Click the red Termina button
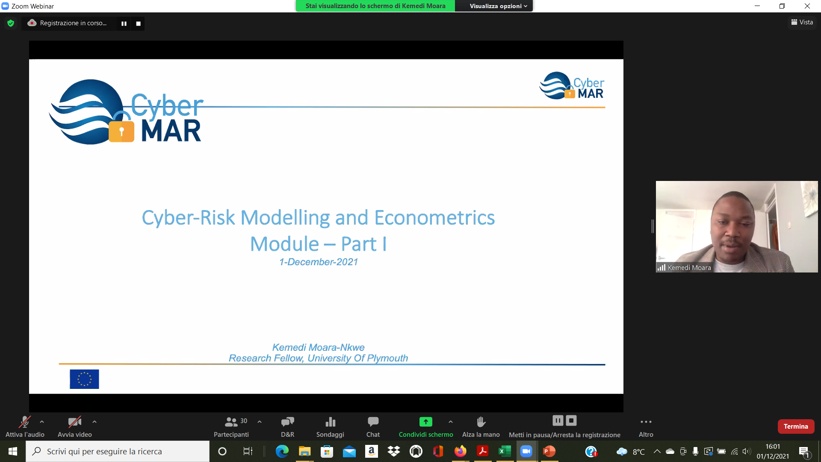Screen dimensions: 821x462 click(796, 426)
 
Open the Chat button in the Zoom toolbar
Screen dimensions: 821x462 click(373, 422)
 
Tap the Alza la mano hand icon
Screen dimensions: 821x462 click(481, 422)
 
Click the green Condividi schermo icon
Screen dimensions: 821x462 click(425, 422)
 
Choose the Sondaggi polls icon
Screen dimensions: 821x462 click(330, 422)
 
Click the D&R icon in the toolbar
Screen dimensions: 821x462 click(288, 422)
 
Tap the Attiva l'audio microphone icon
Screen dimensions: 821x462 click(25, 422)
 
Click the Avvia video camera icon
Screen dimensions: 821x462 click(75, 422)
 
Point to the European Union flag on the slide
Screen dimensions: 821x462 click(84, 379)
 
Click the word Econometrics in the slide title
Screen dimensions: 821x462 click(434, 217)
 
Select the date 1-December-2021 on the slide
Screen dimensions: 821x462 click(319, 262)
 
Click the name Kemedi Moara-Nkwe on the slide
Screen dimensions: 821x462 click(319, 347)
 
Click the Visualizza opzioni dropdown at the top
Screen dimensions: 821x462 click(498, 6)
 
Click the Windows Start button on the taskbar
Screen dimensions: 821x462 click(13, 451)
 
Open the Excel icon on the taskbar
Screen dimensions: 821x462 click(505, 451)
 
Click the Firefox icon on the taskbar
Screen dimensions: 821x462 click(461, 451)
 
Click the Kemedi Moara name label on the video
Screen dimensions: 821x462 click(689, 268)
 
